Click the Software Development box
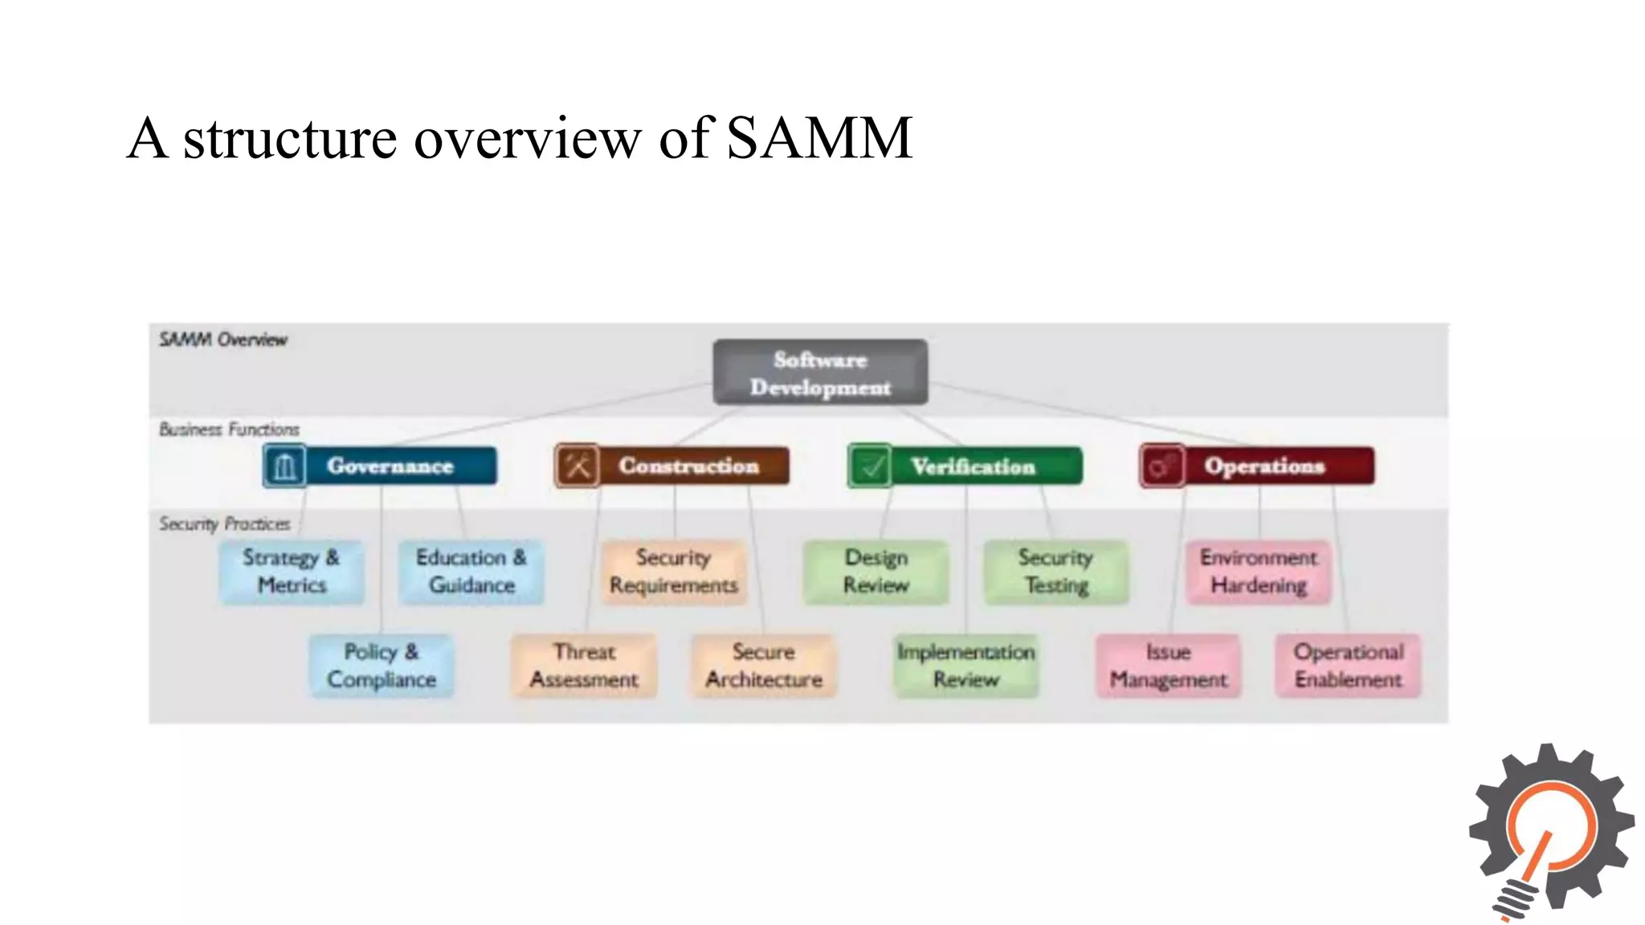tap(820, 373)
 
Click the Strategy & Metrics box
tap(292, 572)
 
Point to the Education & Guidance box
tap(471, 572)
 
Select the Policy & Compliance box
tap(382, 666)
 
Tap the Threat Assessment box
tap(584, 666)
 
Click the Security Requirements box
tap(674, 572)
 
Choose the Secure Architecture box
tap(764, 666)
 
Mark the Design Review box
tap(876, 572)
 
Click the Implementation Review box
tap(966, 666)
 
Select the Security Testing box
tap(1056, 572)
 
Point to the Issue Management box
tap(1169, 666)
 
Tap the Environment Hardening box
tap(1259, 572)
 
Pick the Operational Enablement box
tap(1349, 666)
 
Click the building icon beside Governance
tap(285, 467)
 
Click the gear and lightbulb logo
tap(1550, 831)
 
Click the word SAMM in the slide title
tap(819, 138)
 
